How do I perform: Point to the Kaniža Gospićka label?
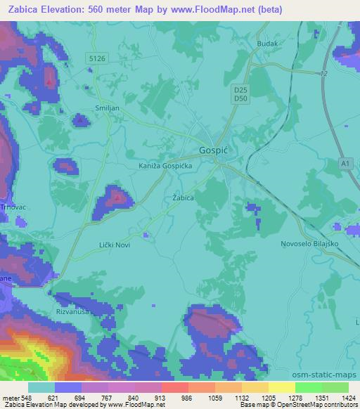pos(165,167)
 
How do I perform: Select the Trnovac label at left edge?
pos(12,207)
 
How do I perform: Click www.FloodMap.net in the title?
pos(214,10)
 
